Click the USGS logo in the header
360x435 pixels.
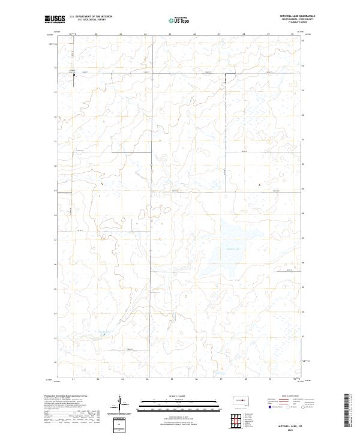coord(55,20)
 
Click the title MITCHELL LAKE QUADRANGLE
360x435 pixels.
coord(297,16)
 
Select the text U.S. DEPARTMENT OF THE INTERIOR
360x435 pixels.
coord(91,17)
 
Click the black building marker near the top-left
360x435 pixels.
coord(74,75)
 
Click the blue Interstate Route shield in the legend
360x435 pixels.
coord(269,407)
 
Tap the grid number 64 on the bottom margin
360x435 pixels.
coord(146,380)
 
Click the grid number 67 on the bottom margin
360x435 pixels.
coord(220,380)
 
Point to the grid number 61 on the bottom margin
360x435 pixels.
coord(73,380)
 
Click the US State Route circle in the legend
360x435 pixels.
coord(303,407)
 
